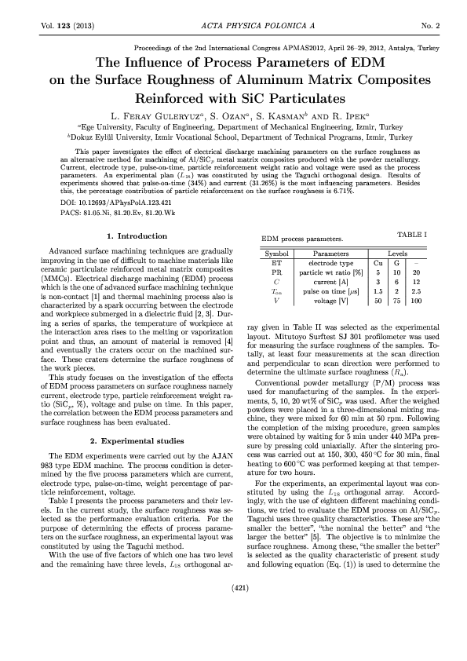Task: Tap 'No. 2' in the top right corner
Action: pyautogui.click(x=429, y=26)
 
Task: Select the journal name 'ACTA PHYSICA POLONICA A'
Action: pyautogui.click(x=233, y=26)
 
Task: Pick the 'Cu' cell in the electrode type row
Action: pyautogui.click(x=378, y=264)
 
